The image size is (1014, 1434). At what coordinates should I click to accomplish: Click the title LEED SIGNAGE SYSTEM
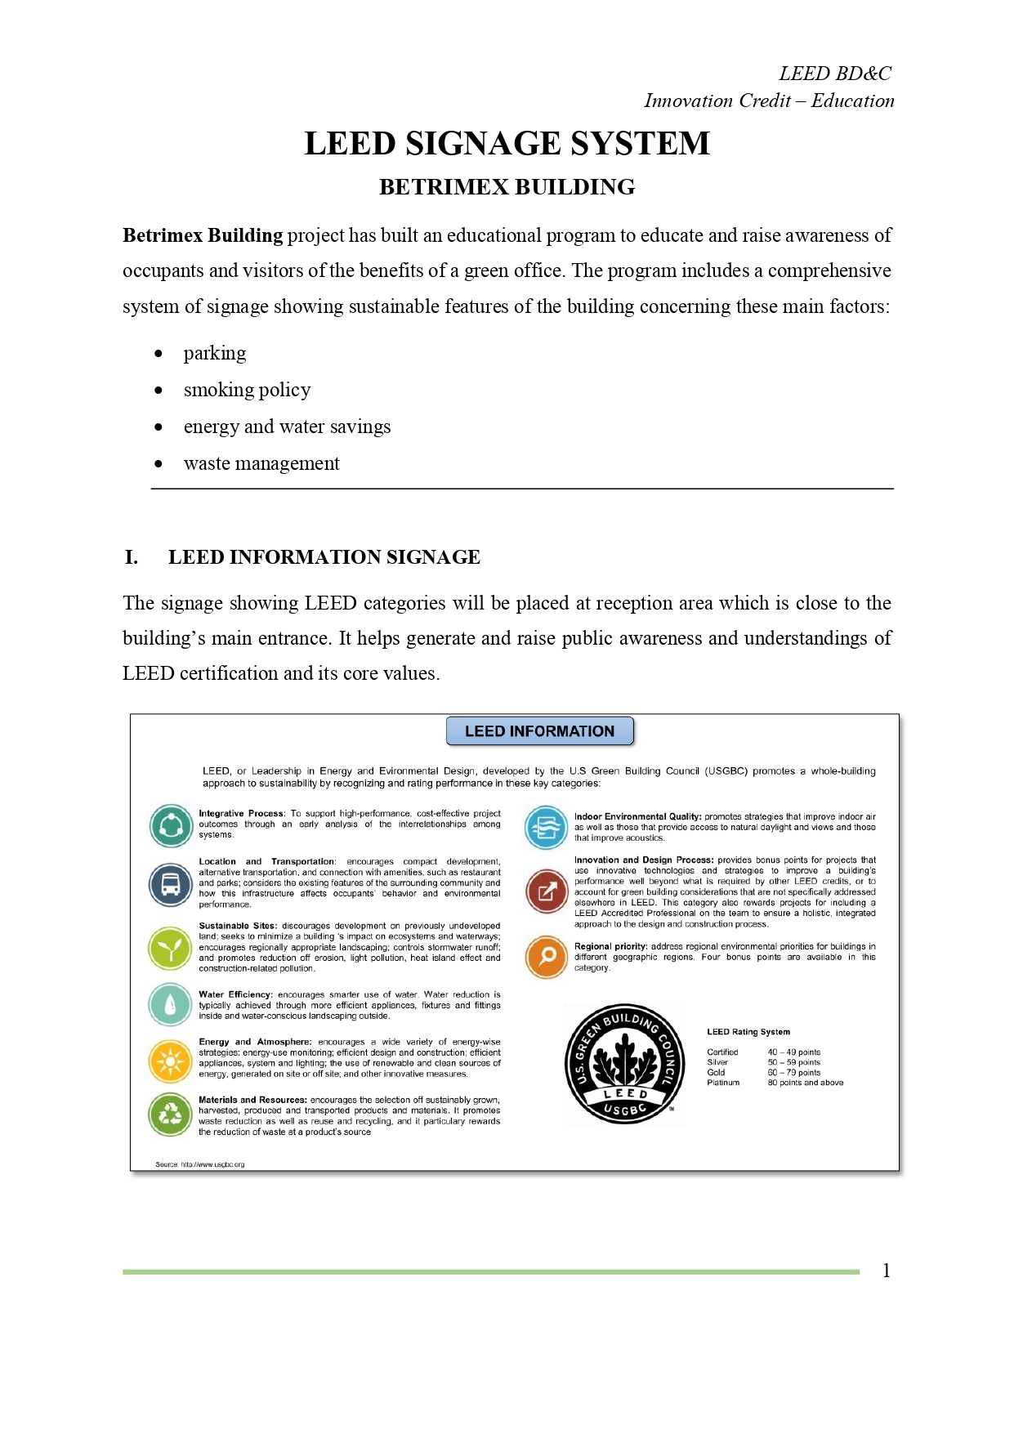coord(507,144)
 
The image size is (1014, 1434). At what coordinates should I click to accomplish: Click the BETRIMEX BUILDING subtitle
coord(507,187)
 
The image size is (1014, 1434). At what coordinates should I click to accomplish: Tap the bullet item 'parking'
coord(214,353)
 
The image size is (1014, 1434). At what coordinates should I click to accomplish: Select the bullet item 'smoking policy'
coord(247,390)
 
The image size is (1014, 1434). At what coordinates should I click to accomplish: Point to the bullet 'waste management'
coord(261,463)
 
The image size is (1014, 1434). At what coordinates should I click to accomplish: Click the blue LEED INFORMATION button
coord(539,731)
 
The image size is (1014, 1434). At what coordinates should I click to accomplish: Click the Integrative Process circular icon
coord(171,825)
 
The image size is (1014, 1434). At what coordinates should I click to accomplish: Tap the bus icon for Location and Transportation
coord(171,884)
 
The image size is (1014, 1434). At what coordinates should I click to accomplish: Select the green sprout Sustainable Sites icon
coord(170,948)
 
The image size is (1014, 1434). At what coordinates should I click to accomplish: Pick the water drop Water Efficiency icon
coord(170,1004)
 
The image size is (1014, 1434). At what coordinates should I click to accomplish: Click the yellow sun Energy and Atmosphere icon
coord(170,1061)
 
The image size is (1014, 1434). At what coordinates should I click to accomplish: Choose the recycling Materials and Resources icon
coord(170,1114)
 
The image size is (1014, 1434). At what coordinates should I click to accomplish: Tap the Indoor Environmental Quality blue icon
coord(546,827)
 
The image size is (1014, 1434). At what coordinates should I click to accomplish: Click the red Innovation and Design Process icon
coord(547,891)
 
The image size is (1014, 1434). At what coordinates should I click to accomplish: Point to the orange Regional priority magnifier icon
coord(547,956)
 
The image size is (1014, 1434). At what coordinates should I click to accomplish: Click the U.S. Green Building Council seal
coord(625,1064)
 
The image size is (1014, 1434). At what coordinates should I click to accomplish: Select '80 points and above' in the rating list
coord(805,1083)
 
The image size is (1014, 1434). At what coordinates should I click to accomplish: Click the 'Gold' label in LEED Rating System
coord(716,1073)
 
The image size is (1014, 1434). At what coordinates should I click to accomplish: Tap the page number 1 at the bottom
coord(886,1271)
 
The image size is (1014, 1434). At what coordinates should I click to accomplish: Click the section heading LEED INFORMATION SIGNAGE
coord(324,557)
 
